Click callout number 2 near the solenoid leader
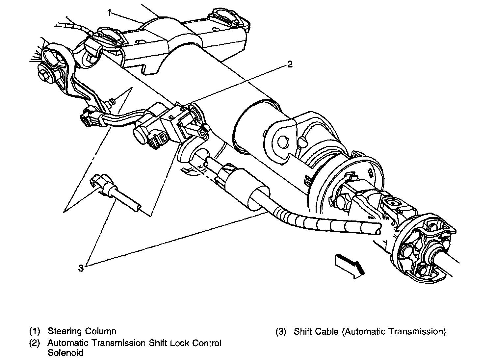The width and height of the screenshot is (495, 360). click(289, 64)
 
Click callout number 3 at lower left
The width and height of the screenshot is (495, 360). click(81, 268)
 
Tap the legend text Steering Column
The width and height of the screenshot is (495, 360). click(82, 331)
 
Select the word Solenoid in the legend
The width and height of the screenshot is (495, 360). click(65, 353)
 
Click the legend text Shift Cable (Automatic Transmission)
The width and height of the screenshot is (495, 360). click(370, 331)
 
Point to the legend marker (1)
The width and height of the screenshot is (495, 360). click(35, 331)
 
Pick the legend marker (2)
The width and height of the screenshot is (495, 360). click(35, 343)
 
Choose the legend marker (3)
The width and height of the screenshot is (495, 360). click(281, 331)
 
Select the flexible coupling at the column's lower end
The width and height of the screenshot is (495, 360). click(425, 247)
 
